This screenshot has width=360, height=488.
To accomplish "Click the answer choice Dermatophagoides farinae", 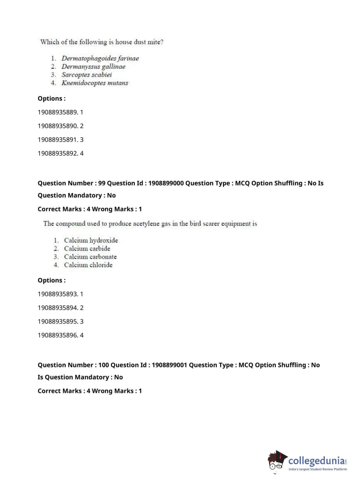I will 100,58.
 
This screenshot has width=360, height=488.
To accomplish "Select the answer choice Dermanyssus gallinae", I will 93,67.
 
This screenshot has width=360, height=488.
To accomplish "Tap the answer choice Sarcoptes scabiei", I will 86,75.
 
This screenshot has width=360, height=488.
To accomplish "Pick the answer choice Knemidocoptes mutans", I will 95,83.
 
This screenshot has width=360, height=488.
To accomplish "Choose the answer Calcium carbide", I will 87,249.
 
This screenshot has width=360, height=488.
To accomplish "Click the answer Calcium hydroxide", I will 91,240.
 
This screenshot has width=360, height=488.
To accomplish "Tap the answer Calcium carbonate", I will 90,257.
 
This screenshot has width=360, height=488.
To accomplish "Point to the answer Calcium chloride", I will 88,265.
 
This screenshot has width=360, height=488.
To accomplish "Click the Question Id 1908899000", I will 166,183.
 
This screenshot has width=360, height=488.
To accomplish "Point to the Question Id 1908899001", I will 169,365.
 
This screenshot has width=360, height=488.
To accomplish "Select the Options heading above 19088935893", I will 51,280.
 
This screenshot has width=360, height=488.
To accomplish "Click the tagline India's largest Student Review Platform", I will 318,469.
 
